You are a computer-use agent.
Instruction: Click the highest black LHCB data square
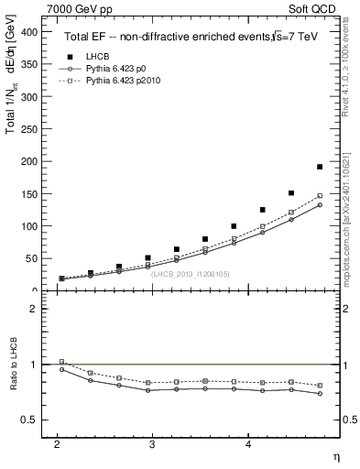click(320, 167)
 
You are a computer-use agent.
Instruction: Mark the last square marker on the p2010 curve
click(320, 196)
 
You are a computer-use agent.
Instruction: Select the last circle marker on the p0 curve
click(320, 205)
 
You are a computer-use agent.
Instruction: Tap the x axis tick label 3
click(153, 444)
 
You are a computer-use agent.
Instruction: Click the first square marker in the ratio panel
click(61, 362)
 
